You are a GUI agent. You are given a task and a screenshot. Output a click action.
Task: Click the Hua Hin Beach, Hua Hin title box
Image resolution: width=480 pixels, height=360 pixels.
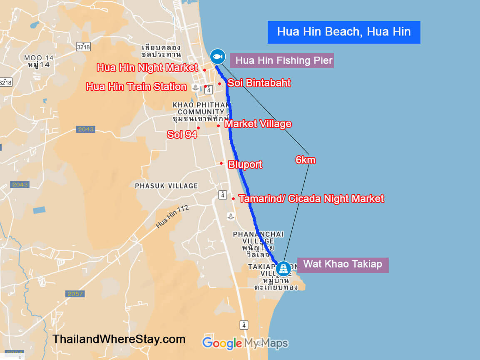click(x=344, y=32)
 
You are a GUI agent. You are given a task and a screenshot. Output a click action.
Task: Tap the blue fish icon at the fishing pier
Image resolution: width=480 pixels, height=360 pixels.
click(x=217, y=56)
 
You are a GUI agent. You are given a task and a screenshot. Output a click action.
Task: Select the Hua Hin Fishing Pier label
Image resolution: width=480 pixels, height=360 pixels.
click(x=284, y=61)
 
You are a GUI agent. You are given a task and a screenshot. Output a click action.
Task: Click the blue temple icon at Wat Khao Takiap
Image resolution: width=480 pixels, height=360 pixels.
click(x=284, y=268)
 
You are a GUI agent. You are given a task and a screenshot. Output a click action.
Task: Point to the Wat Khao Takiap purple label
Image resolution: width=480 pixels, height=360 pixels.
click(x=342, y=264)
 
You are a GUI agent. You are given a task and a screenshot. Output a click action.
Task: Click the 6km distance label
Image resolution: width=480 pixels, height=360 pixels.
click(x=305, y=160)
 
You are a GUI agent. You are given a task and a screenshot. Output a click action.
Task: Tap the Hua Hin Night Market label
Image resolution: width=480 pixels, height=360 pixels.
click(x=147, y=67)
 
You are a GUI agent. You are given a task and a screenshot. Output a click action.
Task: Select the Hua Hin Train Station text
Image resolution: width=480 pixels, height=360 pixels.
click(x=136, y=87)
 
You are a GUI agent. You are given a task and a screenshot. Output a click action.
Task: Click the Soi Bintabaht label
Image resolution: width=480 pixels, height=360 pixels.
click(x=259, y=83)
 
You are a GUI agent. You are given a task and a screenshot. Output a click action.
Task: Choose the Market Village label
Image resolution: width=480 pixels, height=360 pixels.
click(x=258, y=124)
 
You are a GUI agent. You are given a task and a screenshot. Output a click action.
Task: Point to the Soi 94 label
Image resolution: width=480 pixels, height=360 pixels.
click(x=182, y=134)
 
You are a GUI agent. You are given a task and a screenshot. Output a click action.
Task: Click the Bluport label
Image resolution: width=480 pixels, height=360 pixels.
click(x=245, y=164)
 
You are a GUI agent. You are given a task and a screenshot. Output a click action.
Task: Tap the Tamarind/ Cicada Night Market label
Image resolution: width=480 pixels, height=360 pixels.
click(x=311, y=199)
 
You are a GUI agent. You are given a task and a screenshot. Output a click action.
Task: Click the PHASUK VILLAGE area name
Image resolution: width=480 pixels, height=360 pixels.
click(x=166, y=186)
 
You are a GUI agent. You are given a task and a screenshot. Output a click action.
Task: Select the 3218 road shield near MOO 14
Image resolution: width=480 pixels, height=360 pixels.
click(x=84, y=47)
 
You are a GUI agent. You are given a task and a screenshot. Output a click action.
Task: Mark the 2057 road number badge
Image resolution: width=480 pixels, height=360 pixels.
click(x=75, y=294)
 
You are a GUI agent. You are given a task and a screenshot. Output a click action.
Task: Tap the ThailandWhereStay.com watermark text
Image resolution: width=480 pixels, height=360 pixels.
click(x=119, y=339)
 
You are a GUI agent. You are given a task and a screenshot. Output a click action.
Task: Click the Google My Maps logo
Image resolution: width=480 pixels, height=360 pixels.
click(x=245, y=343)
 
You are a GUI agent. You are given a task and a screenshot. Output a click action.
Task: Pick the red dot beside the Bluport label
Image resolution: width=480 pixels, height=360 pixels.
click(x=221, y=163)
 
